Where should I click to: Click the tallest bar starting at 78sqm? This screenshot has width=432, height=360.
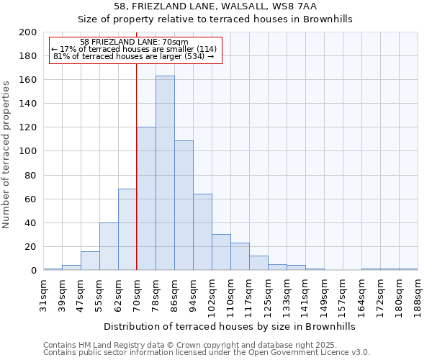point(165,173)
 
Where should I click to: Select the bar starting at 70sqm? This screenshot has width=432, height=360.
point(146,199)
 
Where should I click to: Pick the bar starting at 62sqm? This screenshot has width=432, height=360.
point(127,230)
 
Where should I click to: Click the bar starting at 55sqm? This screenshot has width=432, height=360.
point(109,246)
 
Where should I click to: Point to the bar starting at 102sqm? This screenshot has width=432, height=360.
point(221,252)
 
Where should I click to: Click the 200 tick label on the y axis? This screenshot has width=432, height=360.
point(28,32)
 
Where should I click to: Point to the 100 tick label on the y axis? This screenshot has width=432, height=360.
point(28,151)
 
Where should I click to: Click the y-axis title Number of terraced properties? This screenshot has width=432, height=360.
point(7,154)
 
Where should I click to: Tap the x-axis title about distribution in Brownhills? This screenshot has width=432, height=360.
point(230,326)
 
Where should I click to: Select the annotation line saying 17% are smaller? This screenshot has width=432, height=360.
point(134,49)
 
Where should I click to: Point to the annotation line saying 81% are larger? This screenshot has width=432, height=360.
point(134,56)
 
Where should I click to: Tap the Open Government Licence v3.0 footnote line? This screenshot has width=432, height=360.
point(207,353)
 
